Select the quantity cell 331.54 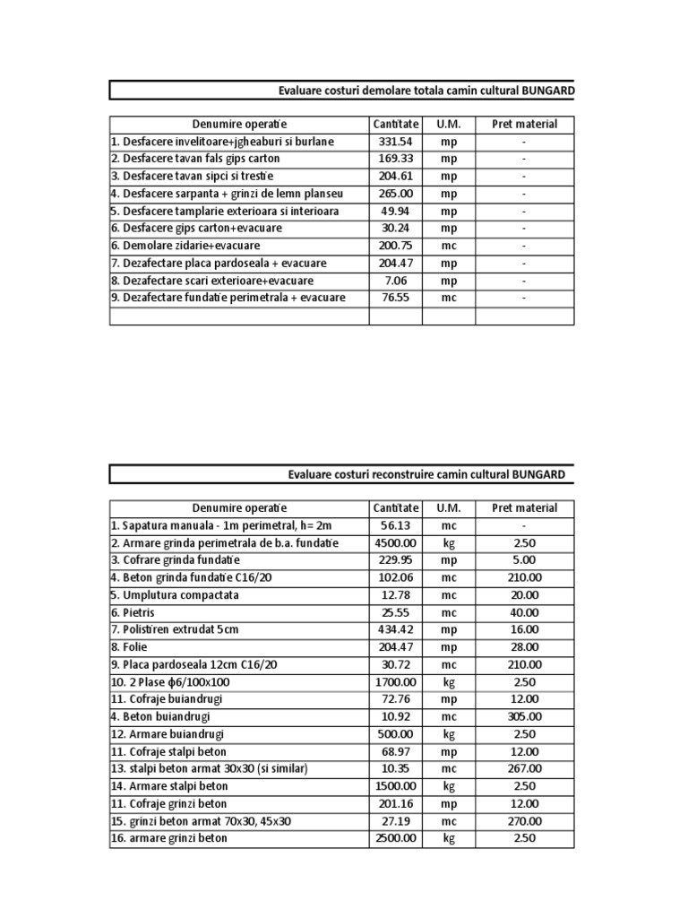tap(395, 142)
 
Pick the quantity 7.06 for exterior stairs tap(395, 281)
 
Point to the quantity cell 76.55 tap(395, 298)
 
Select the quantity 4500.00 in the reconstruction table tap(395, 543)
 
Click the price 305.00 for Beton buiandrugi tap(524, 716)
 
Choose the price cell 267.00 tap(524, 768)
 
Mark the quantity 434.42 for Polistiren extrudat tap(395, 629)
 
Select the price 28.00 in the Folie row tap(524, 647)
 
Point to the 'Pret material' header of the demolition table tap(524, 124)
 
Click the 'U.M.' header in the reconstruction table tap(448, 508)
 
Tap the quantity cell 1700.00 tap(395, 681)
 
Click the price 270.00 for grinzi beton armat tap(524, 820)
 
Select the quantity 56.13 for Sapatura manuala tap(395, 525)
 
